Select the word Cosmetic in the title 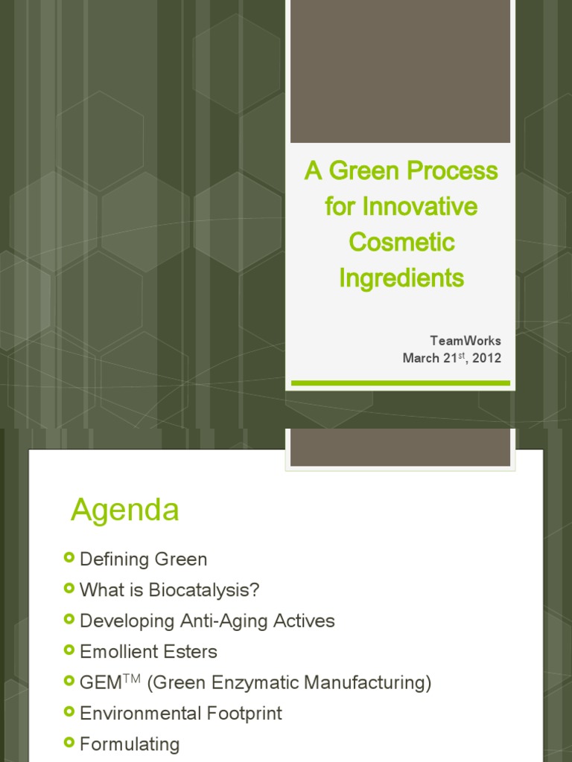(401, 243)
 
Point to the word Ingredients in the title (401, 278)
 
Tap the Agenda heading (125, 510)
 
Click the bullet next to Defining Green (69, 557)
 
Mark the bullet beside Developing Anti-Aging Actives (69, 619)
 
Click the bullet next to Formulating (69, 742)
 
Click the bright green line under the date (401, 383)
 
